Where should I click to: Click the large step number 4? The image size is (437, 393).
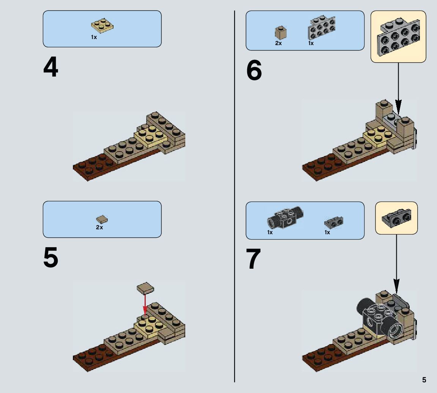click(51, 67)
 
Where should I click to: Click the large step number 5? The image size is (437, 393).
click(51, 258)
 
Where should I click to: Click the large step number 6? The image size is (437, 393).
click(254, 70)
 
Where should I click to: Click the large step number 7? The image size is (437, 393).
click(253, 259)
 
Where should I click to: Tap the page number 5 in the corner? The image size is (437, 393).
click(424, 380)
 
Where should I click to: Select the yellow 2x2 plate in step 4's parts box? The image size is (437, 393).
click(102, 26)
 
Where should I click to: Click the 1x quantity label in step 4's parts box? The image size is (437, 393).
click(94, 37)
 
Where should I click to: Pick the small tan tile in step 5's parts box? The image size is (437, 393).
click(102, 219)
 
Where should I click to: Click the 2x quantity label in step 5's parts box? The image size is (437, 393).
click(99, 227)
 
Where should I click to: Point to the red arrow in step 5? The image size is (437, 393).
click(145, 304)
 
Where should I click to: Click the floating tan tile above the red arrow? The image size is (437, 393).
click(145, 288)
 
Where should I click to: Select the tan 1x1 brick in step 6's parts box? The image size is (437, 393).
click(281, 33)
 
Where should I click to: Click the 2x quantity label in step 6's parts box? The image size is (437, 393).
click(278, 43)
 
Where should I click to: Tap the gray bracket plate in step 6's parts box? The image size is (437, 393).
click(321, 27)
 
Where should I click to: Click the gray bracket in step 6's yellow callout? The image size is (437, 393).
click(398, 36)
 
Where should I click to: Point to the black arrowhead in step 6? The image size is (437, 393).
click(398, 107)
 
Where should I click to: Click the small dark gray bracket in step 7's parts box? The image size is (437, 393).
click(334, 222)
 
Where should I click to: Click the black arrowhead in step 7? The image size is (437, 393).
click(396, 287)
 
